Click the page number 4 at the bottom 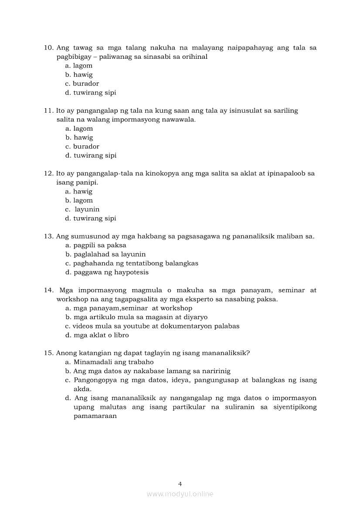(180, 484)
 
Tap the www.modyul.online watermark (180, 494)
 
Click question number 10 (48, 47)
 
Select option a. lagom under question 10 (79, 66)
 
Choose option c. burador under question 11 (82, 146)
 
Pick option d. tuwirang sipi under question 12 (91, 218)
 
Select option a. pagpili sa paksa (96, 245)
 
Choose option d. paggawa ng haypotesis (107, 272)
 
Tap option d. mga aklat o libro (97, 335)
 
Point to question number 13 (48, 236)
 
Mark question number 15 (48, 353)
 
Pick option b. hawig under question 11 (79, 138)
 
